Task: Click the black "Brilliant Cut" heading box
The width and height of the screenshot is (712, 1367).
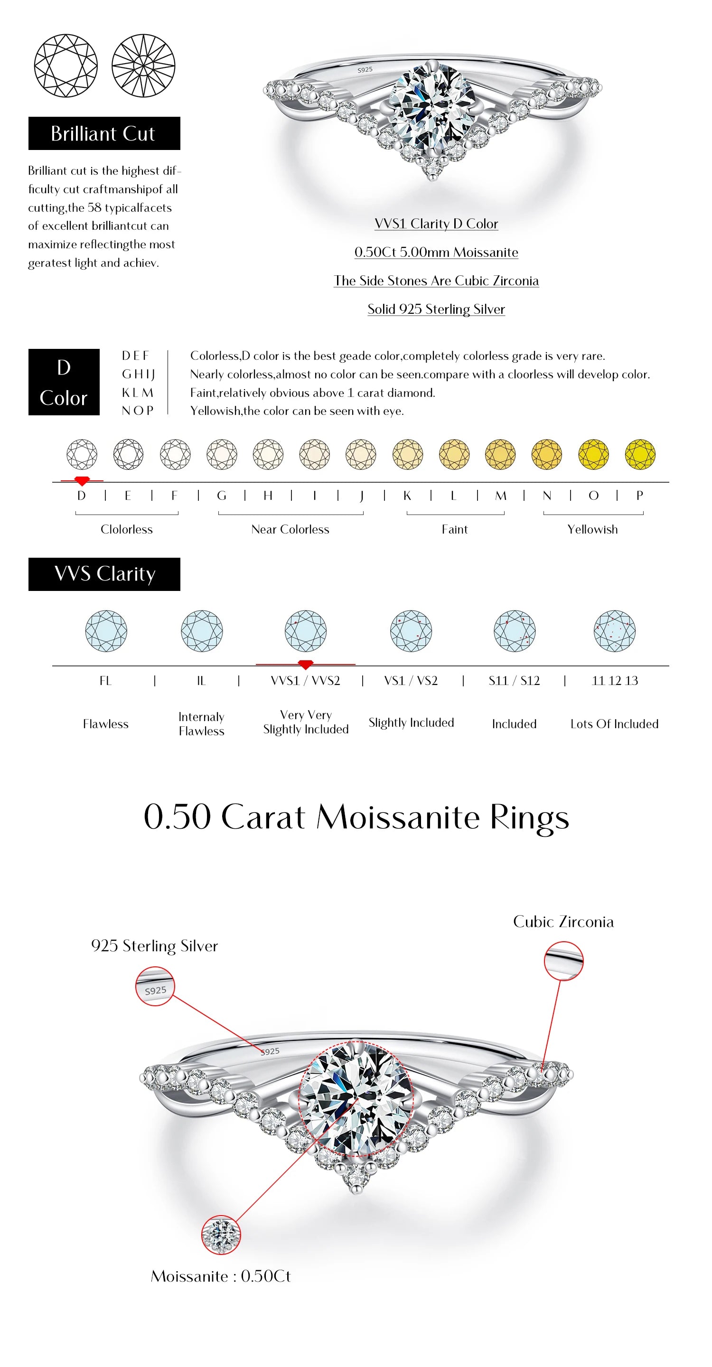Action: click(104, 133)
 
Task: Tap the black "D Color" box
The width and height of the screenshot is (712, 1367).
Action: click(64, 382)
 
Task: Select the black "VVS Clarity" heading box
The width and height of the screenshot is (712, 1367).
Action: click(104, 574)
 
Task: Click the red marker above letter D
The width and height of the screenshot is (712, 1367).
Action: click(82, 481)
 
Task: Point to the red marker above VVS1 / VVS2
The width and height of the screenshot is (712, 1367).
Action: click(305, 665)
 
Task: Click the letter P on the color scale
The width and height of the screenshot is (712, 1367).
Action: click(639, 496)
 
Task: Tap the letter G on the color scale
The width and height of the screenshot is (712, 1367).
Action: click(222, 496)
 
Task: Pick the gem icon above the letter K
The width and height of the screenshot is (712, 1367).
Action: click(407, 454)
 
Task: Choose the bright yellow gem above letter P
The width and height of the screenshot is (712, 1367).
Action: click(640, 454)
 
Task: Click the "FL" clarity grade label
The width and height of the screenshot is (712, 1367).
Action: click(105, 681)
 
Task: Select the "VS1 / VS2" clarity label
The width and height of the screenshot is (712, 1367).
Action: click(411, 681)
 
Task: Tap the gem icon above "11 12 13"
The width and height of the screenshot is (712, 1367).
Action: click(614, 631)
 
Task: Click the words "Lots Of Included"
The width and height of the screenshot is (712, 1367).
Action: click(614, 724)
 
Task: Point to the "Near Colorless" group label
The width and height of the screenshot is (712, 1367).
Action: click(290, 530)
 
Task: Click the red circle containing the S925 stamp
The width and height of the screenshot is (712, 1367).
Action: click(155, 986)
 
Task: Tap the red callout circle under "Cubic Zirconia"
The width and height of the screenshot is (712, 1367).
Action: click(563, 961)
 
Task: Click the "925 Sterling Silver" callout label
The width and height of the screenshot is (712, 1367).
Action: click(154, 946)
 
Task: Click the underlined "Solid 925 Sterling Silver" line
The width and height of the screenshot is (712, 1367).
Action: click(436, 309)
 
